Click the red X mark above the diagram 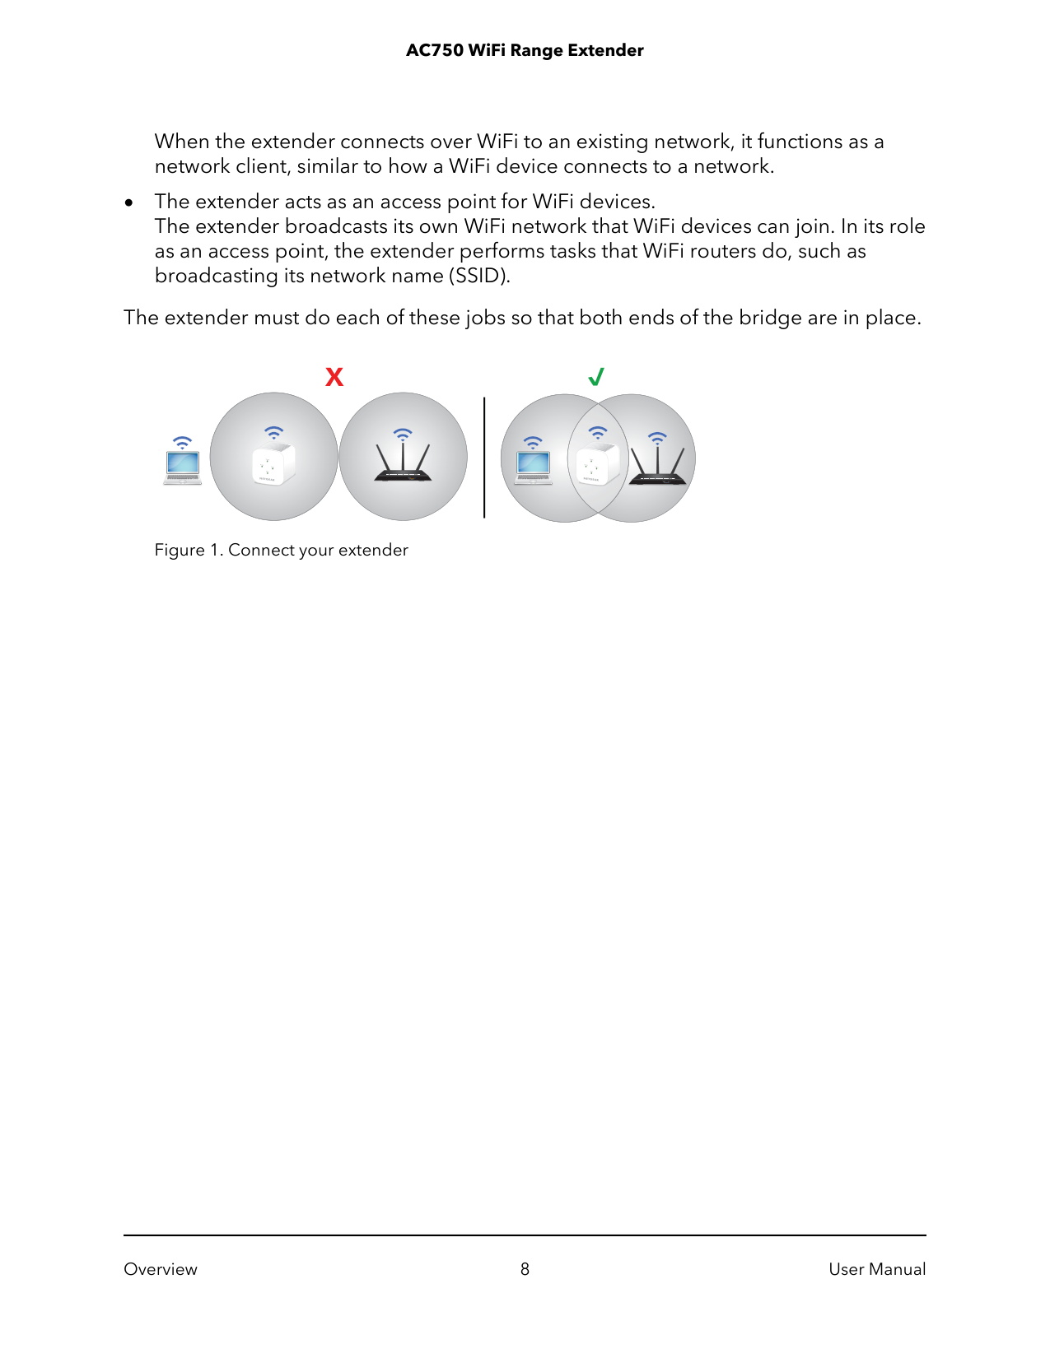coord(334,377)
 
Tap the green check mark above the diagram coord(596,377)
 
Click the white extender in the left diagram coord(273,464)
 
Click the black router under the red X coord(403,464)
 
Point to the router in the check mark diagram coord(657,467)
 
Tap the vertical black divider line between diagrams coord(484,458)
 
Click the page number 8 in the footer coord(525,1269)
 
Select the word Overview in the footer coord(161,1269)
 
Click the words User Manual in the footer coord(877,1269)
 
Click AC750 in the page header coord(434,50)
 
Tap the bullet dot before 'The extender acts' coord(129,202)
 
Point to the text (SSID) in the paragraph coord(479,276)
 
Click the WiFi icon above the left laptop coord(182,443)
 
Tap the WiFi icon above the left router coord(403,434)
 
